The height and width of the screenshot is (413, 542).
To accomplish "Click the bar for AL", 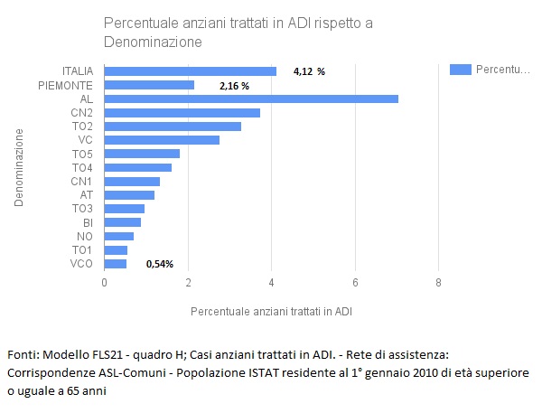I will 251,99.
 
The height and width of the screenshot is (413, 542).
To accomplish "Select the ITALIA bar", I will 191,71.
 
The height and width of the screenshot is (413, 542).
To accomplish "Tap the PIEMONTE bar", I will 149,85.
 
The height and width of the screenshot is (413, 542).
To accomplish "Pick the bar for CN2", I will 182,112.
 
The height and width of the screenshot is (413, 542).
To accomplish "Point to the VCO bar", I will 116,264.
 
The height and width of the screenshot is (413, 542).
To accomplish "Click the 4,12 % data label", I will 309,71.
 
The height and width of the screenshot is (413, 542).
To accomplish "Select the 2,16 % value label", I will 234,85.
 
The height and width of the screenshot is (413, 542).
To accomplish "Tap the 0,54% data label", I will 159,264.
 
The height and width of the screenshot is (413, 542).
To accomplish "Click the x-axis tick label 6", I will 355,284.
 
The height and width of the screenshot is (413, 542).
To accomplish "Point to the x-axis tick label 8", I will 438,284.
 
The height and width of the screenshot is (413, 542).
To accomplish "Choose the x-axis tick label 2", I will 188,284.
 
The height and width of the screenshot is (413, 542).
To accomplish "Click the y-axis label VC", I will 86,140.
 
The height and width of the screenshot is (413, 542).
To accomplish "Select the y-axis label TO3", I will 82,209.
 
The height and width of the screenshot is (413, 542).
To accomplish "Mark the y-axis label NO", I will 86,236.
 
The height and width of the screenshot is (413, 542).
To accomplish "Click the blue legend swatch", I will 461,69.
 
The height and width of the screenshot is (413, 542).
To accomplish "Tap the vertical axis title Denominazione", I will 19,168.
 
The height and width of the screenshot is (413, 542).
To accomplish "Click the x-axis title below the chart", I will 272,311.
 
